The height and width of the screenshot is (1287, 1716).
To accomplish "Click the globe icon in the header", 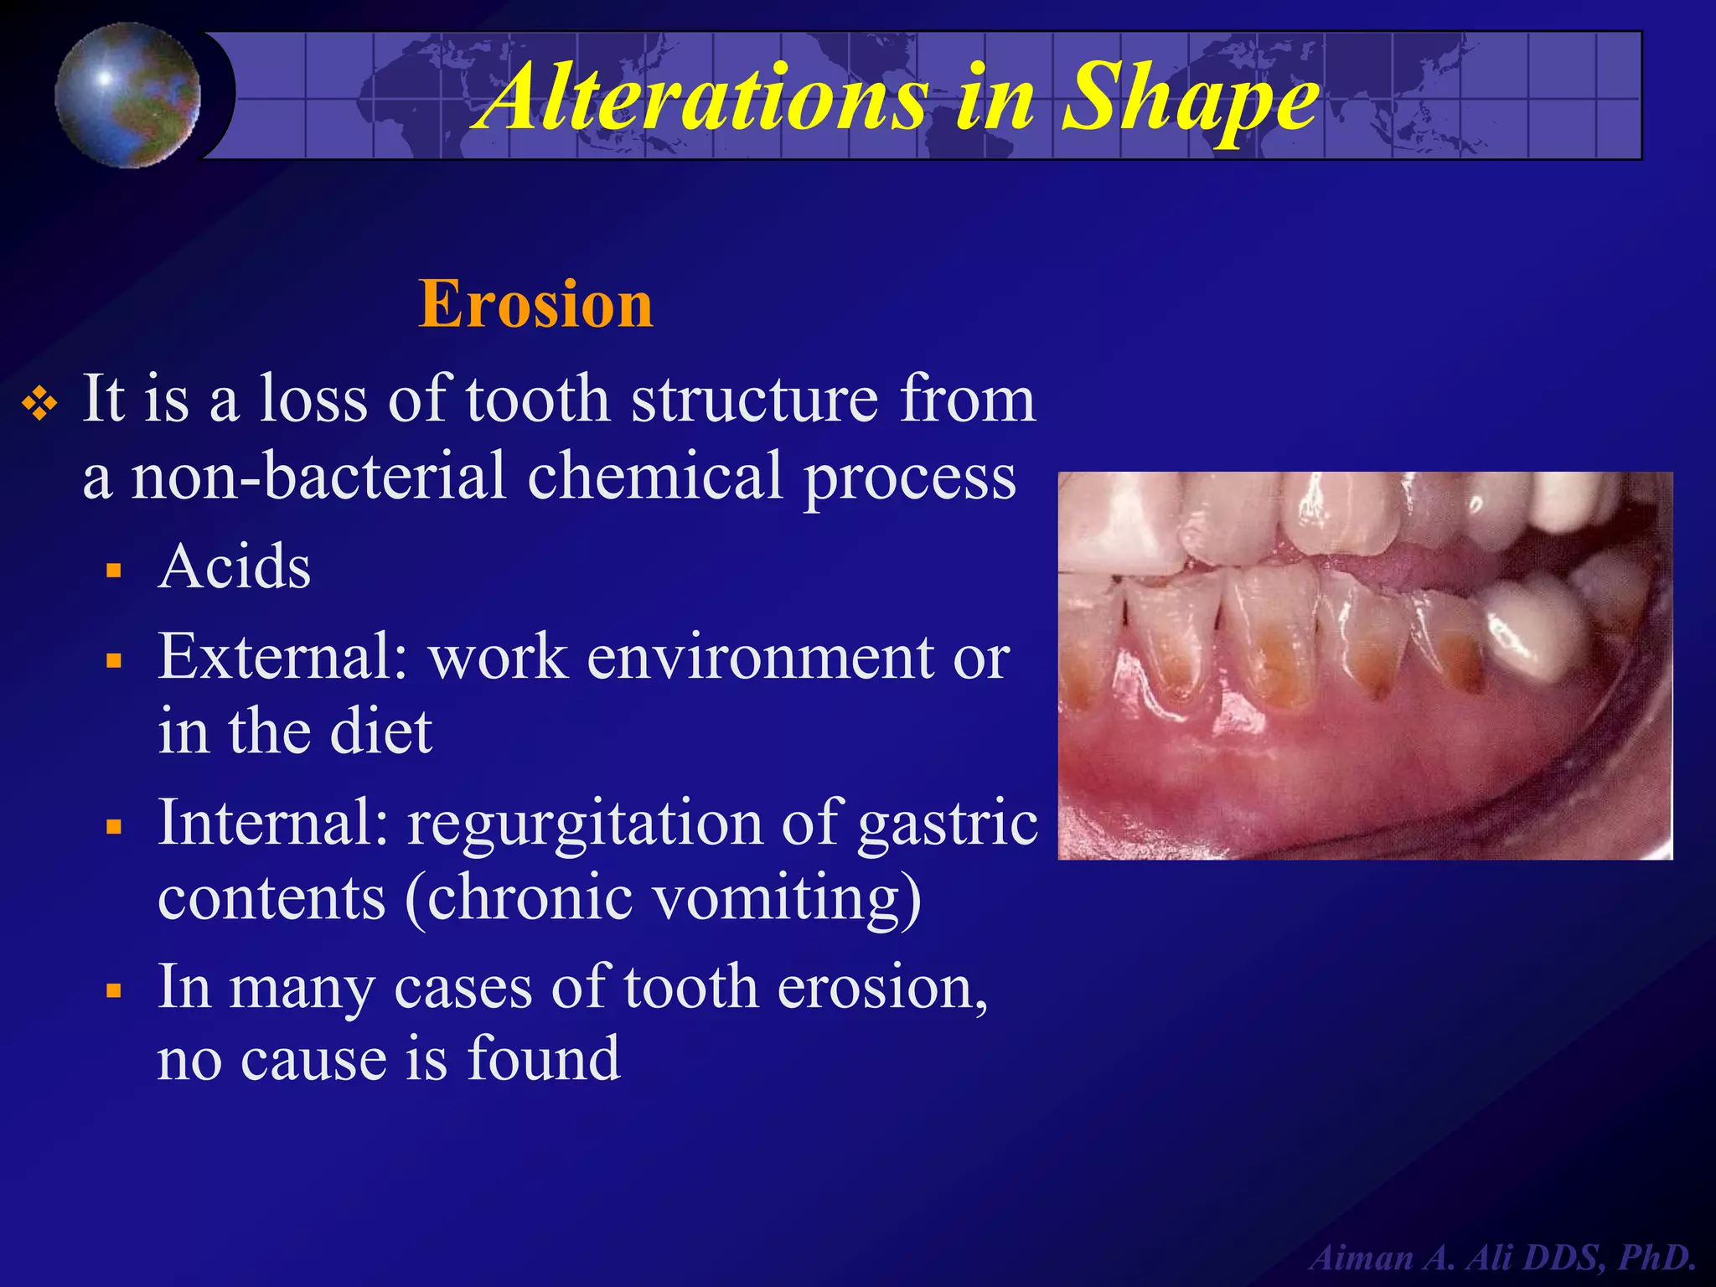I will tap(128, 95).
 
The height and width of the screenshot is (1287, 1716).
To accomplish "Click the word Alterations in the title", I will tap(702, 98).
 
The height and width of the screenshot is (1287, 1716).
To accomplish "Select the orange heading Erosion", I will tap(535, 304).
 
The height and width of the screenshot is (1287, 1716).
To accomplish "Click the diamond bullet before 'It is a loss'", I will tap(40, 406).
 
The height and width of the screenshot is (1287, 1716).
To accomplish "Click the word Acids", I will tap(235, 567).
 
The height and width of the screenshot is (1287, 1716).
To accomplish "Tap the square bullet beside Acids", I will tap(115, 571).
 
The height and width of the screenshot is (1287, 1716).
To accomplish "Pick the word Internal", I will tap(271, 823).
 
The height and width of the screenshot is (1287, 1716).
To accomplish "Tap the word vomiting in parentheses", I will tap(779, 898).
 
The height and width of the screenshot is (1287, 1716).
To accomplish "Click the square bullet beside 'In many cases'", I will tap(115, 991).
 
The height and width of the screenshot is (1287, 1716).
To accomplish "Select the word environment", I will tap(759, 657).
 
